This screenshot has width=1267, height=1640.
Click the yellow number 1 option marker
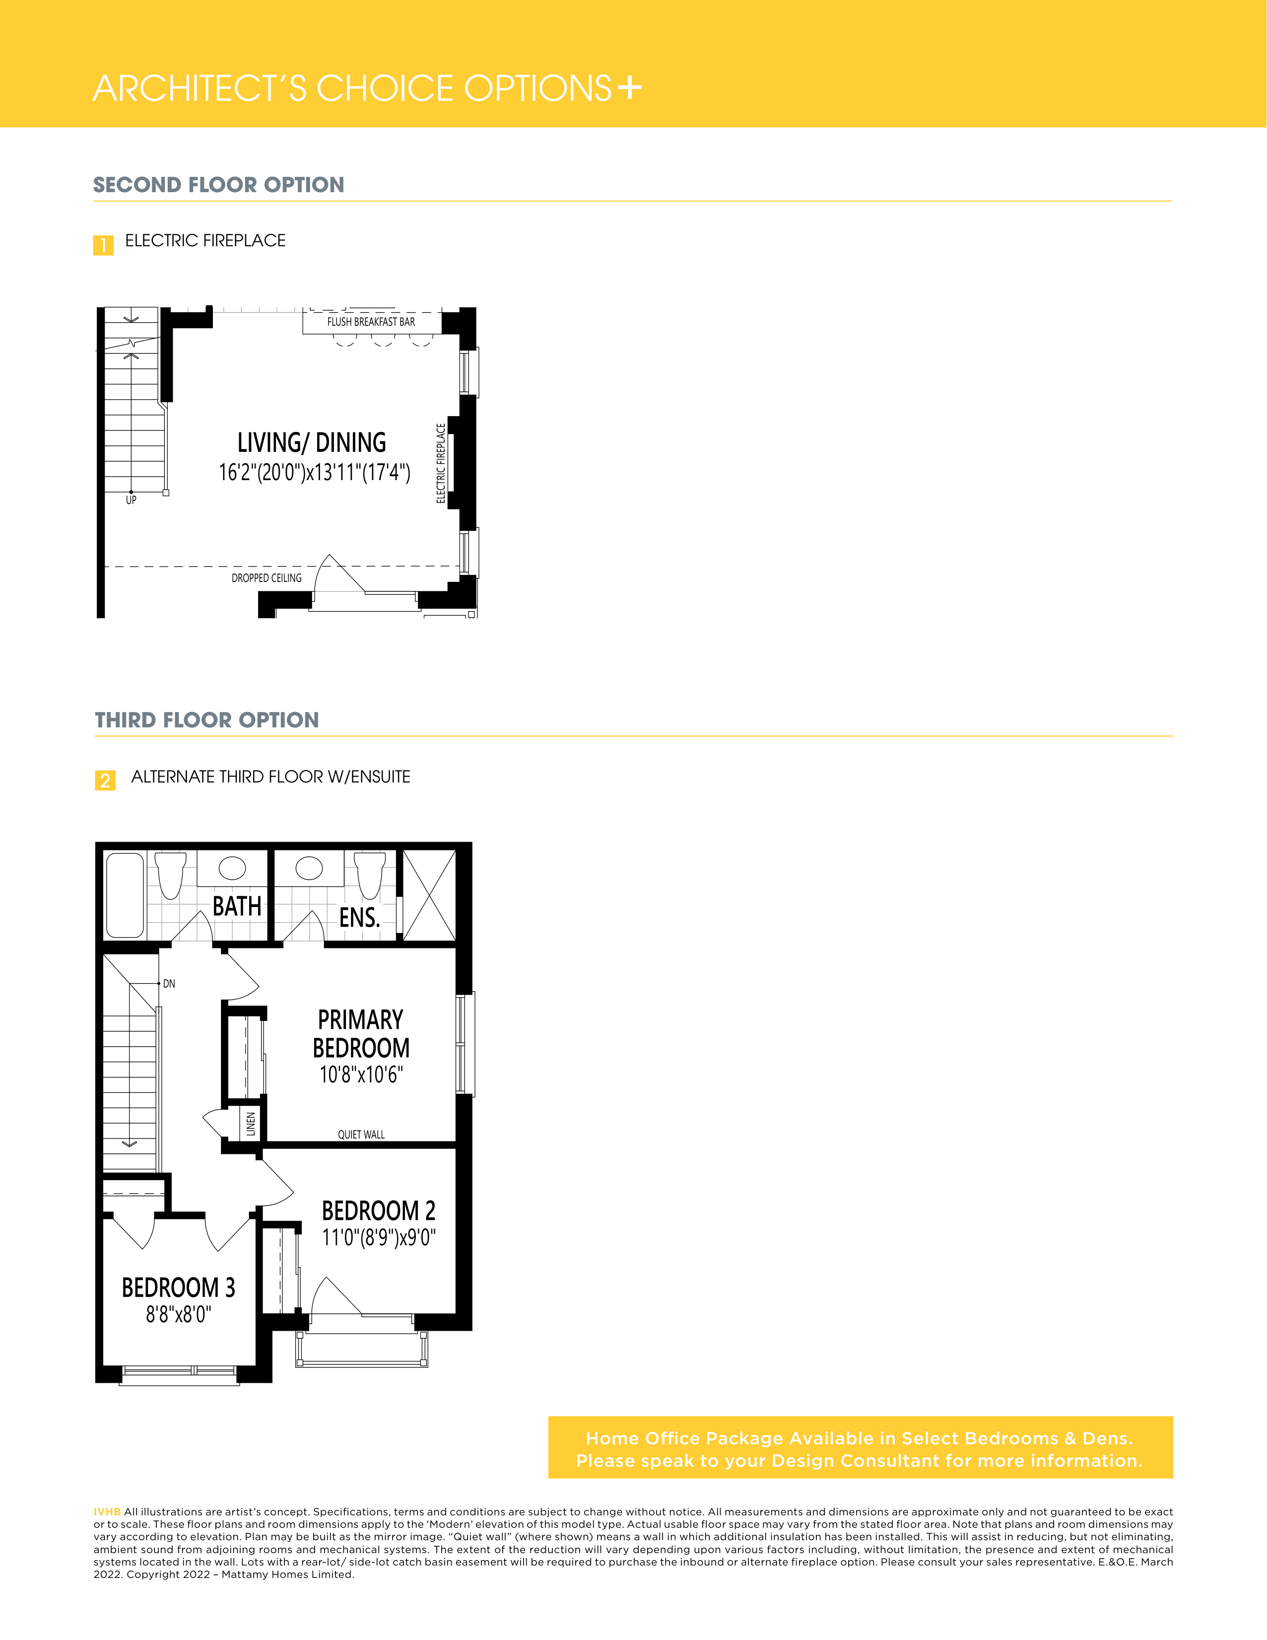(x=104, y=245)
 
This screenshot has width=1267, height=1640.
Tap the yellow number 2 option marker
(x=105, y=780)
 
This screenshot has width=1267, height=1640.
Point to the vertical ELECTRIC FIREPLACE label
(x=441, y=463)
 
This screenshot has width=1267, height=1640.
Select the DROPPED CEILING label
(x=267, y=577)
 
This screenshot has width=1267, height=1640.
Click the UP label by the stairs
(x=132, y=500)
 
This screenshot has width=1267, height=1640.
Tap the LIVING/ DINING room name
(x=312, y=442)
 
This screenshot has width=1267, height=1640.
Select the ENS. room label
(x=359, y=918)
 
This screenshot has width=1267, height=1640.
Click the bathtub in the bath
(x=125, y=895)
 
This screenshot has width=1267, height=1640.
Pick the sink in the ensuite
(x=309, y=868)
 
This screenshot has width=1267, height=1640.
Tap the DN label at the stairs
(x=169, y=984)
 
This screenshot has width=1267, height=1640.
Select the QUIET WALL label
(x=361, y=1135)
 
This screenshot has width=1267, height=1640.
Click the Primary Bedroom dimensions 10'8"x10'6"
(x=361, y=1074)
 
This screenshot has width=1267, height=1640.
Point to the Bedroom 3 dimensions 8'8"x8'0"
(x=179, y=1314)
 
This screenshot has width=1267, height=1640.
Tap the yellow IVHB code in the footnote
(x=107, y=1511)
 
